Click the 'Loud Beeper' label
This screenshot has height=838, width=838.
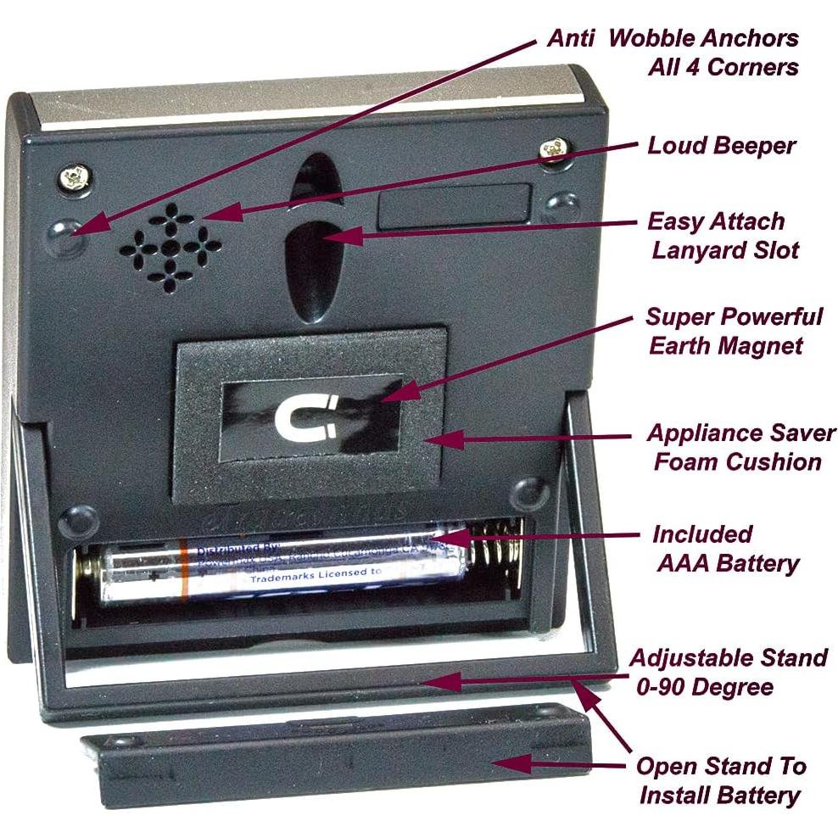click(721, 145)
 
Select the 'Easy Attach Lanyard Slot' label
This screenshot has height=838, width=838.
click(718, 236)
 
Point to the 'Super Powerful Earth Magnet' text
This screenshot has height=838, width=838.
click(733, 331)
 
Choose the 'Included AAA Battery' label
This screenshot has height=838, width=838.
click(726, 549)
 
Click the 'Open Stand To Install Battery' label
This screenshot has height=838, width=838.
click(720, 780)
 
